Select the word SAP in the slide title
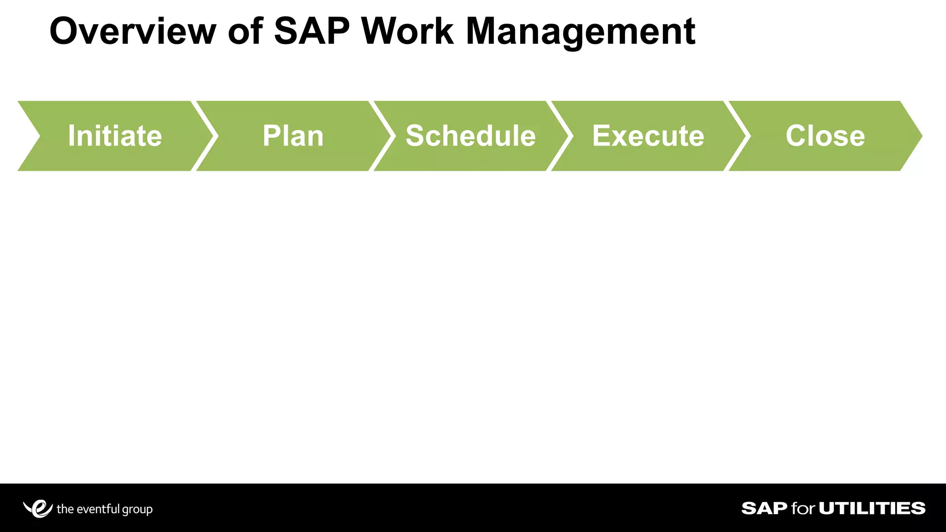click(x=312, y=31)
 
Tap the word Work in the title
click(x=407, y=31)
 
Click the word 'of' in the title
click(x=245, y=31)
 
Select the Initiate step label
click(x=115, y=136)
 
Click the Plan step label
click(x=293, y=136)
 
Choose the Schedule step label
click(x=470, y=136)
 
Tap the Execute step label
click(x=648, y=136)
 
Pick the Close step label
click(x=825, y=136)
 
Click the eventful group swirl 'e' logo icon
click(x=38, y=508)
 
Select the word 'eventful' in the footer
click(x=98, y=509)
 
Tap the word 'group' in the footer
click(x=137, y=510)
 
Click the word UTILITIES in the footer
click(x=872, y=508)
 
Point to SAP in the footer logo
click(x=764, y=508)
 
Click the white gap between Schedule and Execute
click(x=560, y=136)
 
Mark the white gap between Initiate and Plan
click(x=205, y=136)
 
